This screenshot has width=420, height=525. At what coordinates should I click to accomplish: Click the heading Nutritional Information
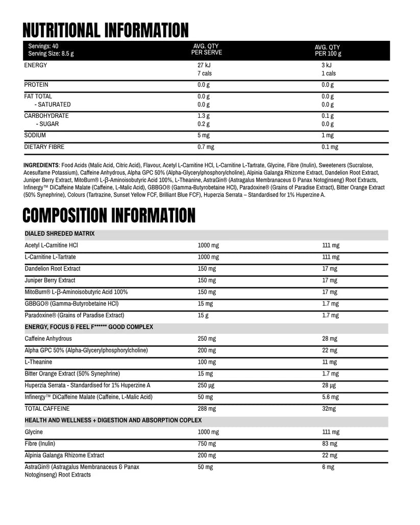coord(106,30)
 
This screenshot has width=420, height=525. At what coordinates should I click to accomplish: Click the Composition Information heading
coord(109,215)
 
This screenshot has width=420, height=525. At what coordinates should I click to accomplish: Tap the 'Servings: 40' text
coord(43,46)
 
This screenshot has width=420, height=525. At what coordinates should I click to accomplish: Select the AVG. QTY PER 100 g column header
coord(328,50)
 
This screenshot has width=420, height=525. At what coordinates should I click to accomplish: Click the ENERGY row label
coord(36,65)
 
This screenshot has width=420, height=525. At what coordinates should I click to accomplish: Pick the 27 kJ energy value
coord(204,65)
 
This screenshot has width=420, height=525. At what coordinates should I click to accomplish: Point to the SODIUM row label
coord(35,135)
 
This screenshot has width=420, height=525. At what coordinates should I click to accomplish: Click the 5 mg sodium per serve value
coord(203,135)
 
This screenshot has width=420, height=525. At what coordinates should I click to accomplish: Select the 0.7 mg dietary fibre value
coord(206,147)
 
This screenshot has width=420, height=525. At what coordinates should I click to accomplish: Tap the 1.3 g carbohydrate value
coord(203,116)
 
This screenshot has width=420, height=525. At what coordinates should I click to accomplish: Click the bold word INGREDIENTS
coord(41,165)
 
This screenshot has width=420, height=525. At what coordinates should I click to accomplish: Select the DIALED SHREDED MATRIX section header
coord(60,234)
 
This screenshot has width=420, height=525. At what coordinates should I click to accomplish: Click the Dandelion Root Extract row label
coord(53,268)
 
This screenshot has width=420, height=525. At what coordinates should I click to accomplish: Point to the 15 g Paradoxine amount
coord(203,315)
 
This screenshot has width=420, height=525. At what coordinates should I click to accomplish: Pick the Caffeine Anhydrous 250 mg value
coord(207,339)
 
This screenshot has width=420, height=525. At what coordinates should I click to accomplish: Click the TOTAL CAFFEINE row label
coord(47,409)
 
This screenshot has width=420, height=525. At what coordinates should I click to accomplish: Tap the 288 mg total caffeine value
coord(207,409)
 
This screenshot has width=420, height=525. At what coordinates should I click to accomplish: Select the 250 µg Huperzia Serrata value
coord(206,385)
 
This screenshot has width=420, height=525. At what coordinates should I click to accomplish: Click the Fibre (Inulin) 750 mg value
coord(207,444)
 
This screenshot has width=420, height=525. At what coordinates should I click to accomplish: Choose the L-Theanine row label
coord(38,362)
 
